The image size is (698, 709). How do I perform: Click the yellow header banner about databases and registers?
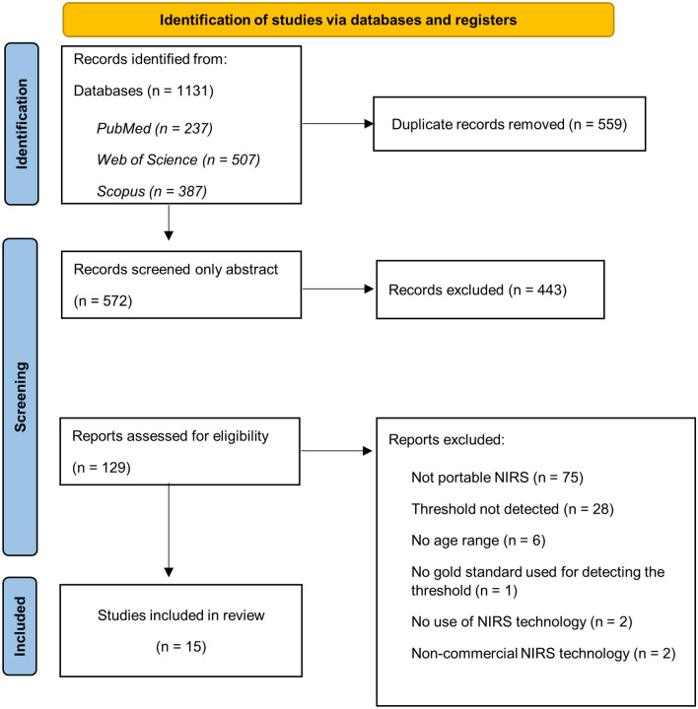[338, 19]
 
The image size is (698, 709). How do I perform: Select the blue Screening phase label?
[23, 396]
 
